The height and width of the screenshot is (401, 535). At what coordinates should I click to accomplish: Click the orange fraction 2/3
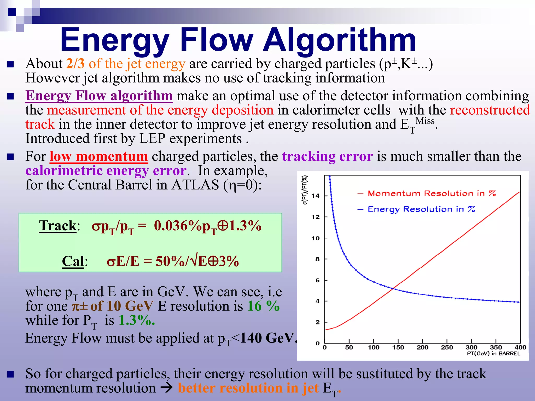click(x=75, y=63)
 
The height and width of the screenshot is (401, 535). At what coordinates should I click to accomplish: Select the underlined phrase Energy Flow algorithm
click(x=99, y=96)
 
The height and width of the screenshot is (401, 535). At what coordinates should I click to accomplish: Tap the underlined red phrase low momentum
click(x=99, y=156)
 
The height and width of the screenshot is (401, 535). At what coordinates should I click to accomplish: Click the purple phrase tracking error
click(x=327, y=156)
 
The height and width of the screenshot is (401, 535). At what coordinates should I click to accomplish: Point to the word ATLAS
click(x=195, y=185)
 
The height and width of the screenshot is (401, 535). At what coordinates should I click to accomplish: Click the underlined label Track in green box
click(x=58, y=226)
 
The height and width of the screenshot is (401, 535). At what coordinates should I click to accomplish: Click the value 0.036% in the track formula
click(x=176, y=226)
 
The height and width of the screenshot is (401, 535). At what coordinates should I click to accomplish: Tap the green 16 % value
click(x=263, y=306)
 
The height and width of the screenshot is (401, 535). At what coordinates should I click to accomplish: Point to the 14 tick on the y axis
click(x=316, y=196)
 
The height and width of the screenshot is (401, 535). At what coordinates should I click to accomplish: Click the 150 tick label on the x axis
click(x=398, y=347)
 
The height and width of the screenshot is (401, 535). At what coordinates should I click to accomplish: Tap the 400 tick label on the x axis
click(x=520, y=347)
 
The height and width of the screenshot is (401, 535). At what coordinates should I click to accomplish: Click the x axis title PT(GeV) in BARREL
click(x=493, y=353)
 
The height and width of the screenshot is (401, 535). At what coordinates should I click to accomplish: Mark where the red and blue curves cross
click(x=393, y=288)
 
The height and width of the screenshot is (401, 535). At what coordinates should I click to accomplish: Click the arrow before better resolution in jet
click(x=166, y=388)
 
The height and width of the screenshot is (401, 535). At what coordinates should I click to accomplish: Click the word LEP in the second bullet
click(x=152, y=139)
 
